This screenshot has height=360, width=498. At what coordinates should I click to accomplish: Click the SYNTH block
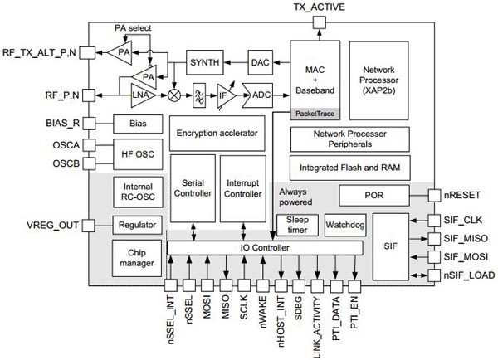point(205,63)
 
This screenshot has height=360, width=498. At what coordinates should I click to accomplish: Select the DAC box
point(261,63)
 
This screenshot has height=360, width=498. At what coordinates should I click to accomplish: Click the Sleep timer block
point(291,225)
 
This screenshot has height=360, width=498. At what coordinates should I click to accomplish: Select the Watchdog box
point(342,225)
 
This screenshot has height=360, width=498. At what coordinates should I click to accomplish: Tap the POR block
point(373,196)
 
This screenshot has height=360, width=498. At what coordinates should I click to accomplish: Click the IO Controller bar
point(265,249)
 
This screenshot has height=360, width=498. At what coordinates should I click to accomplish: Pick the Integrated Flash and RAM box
point(349,167)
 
